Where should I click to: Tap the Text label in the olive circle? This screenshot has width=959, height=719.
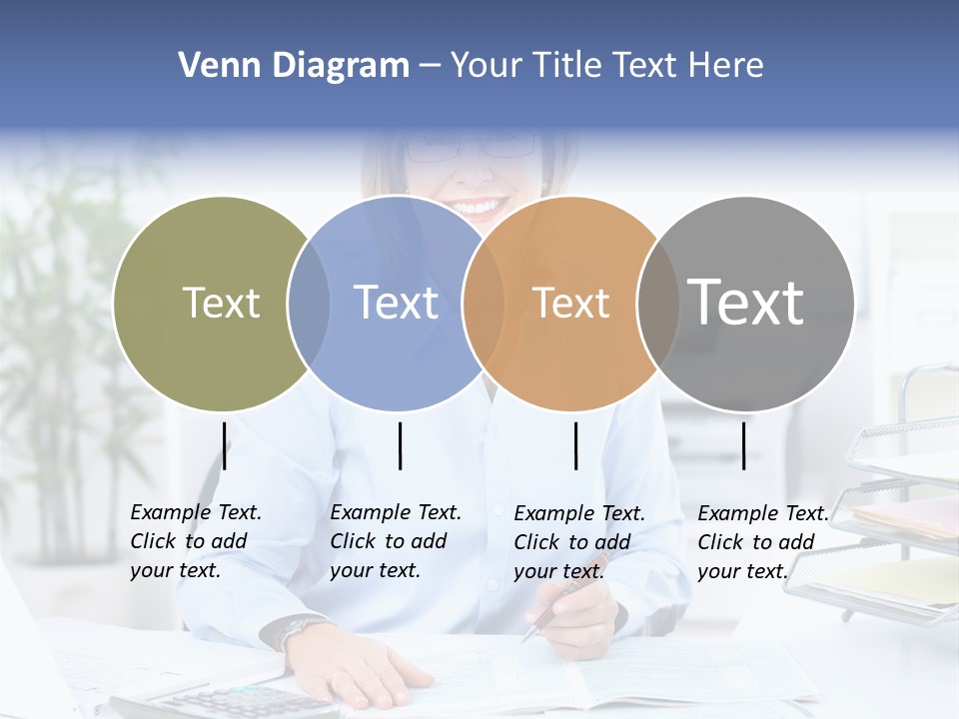(x=221, y=303)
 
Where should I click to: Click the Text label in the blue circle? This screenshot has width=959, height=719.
(x=396, y=303)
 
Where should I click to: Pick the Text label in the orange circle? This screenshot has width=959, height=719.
(x=570, y=303)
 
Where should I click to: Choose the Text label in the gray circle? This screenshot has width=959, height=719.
(x=746, y=302)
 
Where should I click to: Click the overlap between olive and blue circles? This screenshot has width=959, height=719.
(x=309, y=304)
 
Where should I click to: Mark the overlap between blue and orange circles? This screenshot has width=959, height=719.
(x=483, y=304)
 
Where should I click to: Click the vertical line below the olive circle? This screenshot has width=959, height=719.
(x=225, y=445)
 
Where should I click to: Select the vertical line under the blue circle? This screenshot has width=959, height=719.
(x=400, y=445)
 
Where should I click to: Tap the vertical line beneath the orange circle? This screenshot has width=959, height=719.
(x=576, y=445)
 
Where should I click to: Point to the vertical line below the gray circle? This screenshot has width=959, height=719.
(x=743, y=445)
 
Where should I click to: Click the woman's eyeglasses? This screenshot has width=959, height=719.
(x=472, y=148)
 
